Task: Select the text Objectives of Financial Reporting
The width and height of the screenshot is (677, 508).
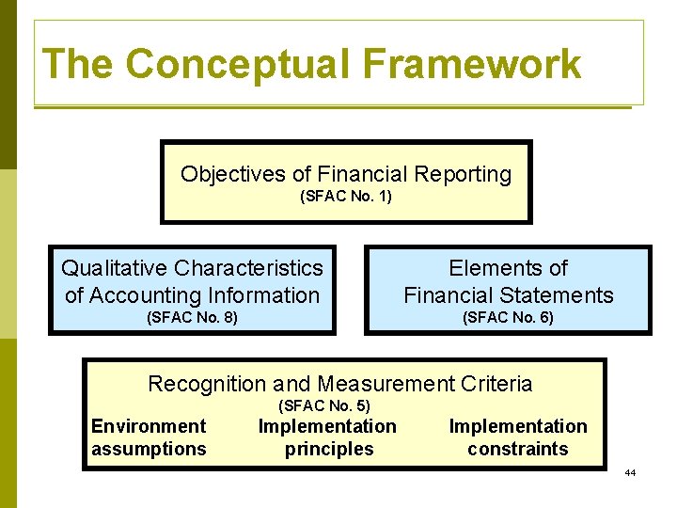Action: tap(345, 174)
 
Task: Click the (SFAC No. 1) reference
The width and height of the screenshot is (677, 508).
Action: tap(345, 197)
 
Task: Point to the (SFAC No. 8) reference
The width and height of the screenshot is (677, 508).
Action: tap(192, 318)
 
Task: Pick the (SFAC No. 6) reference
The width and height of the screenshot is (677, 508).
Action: tap(508, 318)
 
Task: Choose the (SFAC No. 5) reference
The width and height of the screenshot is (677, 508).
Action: tap(324, 405)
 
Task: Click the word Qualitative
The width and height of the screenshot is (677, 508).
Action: tap(115, 268)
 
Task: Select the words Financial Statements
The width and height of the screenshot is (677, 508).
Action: tap(508, 294)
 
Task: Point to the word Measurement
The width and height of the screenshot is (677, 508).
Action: tap(376, 384)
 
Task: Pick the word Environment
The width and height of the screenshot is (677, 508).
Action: tap(149, 426)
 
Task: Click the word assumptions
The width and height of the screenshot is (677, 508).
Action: tap(149, 449)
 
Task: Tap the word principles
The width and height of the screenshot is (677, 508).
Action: tap(328, 449)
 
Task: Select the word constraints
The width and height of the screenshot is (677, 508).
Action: tap(517, 449)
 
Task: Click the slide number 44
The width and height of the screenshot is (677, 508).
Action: tap(630, 472)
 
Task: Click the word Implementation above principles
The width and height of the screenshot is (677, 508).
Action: tap(327, 426)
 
